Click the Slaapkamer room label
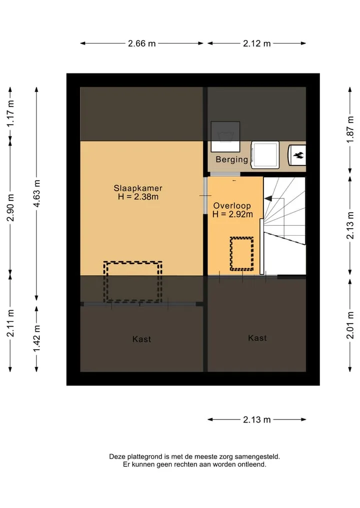tap(138, 188)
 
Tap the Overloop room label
tap(232, 206)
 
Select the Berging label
tap(231, 159)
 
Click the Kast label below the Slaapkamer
tap(141, 339)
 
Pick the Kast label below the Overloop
tap(257, 338)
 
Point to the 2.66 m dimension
tap(141, 43)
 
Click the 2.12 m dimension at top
tap(257, 43)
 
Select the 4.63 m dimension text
tap(36, 193)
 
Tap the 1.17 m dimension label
tap(10, 113)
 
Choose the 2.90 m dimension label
tap(10, 208)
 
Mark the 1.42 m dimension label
tap(36, 339)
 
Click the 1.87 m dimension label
tap(350, 129)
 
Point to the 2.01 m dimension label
tap(350, 325)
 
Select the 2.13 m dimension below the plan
tap(257, 420)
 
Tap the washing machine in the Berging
tap(265, 155)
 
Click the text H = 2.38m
tap(138, 197)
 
